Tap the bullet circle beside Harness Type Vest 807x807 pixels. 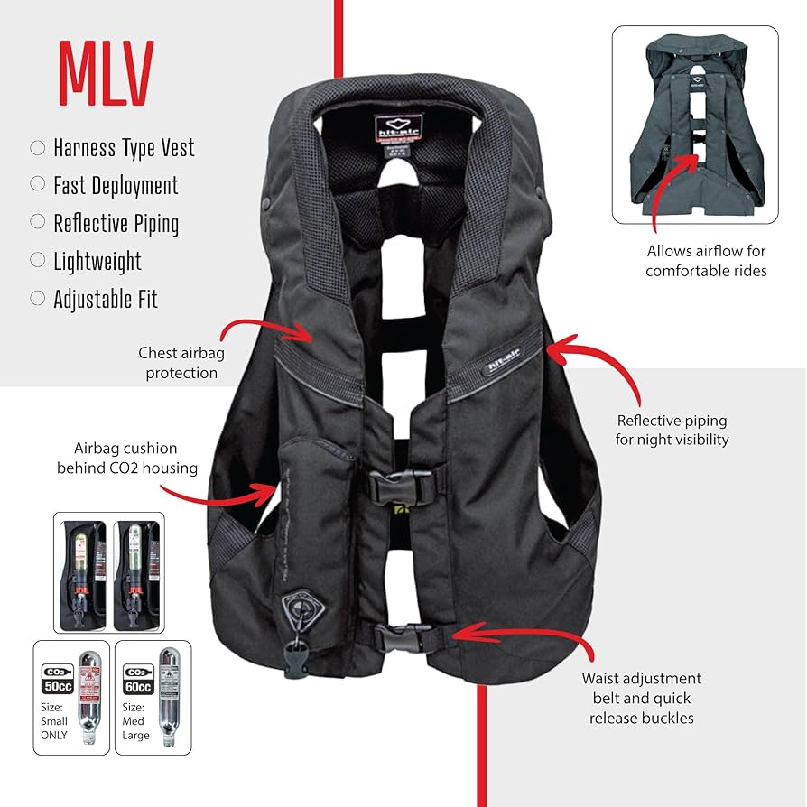(x=38, y=147)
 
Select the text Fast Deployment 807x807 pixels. (x=116, y=185)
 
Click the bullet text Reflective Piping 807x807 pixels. (x=116, y=223)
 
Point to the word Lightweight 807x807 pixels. (x=97, y=261)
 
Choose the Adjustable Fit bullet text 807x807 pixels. (x=106, y=299)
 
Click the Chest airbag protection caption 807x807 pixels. (x=178, y=362)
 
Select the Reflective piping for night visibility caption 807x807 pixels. (x=672, y=430)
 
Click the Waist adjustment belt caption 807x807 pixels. (x=641, y=698)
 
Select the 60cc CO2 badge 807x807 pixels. (x=136, y=675)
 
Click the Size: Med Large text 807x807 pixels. (x=135, y=721)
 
